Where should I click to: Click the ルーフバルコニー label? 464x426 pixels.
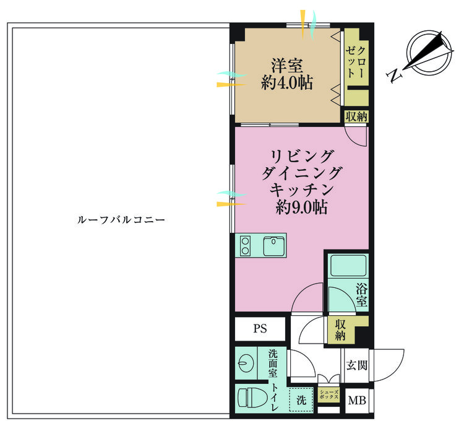(121, 220)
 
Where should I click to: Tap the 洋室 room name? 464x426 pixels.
(287, 66)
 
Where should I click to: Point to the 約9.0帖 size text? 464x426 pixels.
(301, 207)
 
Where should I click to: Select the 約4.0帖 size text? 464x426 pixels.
(286, 82)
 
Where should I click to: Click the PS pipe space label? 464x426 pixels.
(260, 329)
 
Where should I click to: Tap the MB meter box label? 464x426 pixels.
(357, 401)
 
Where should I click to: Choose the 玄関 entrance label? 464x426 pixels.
(357, 365)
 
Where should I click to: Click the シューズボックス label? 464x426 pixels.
(329, 394)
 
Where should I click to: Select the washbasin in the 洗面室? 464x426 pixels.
(246, 363)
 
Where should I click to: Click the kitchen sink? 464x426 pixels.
(274, 246)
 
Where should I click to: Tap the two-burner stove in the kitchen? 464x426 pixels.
(245, 246)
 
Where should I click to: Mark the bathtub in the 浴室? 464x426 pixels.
(348, 266)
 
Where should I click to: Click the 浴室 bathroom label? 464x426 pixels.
(362, 295)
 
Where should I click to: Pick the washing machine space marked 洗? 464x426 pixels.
(301, 399)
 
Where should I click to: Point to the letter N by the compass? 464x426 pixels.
(395, 76)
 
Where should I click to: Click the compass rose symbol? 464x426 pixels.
(429, 53)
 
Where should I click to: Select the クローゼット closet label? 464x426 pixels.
(356, 63)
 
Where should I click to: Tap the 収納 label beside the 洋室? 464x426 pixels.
(356, 116)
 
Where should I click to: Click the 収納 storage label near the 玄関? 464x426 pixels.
(340, 330)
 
